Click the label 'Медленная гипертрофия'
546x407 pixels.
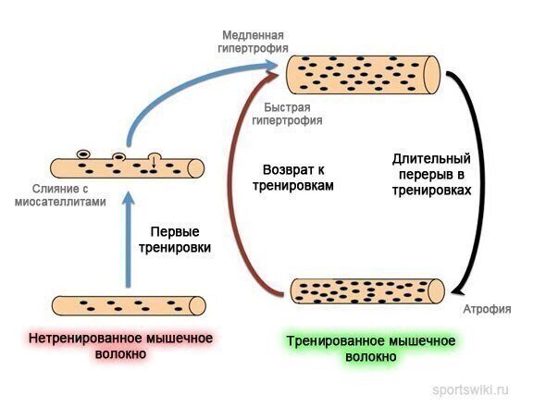[x=254, y=42]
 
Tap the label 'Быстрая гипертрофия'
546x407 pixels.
[x=287, y=114]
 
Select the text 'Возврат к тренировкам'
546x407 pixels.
[x=293, y=178]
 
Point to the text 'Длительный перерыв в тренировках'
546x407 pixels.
[x=431, y=175]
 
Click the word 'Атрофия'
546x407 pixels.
[x=487, y=309]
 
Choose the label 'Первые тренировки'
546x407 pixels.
[x=175, y=240]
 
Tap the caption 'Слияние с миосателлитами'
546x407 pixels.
[x=60, y=195]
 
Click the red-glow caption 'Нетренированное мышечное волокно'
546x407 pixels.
[x=120, y=346]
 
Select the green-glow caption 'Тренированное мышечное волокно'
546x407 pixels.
[x=371, y=349]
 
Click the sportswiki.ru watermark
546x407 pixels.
[x=470, y=389]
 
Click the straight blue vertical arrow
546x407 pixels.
[x=130, y=240]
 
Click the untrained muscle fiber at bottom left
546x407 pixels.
[x=129, y=306]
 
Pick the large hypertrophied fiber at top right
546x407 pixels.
[x=363, y=75]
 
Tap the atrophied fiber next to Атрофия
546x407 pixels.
[x=367, y=291]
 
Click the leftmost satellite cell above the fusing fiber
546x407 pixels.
[x=83, y=154]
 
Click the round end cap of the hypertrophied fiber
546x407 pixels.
[x=432, y=75]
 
